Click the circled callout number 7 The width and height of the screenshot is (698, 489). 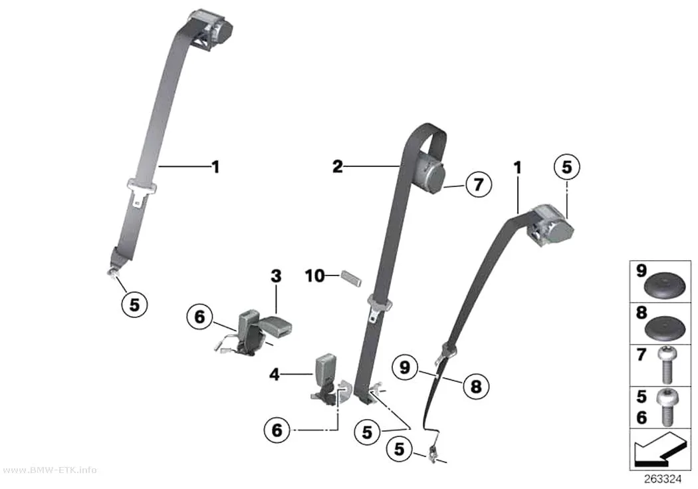479,184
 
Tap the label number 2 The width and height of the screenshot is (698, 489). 338,166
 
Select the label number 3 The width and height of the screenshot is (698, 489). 276,276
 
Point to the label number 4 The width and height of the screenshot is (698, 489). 275,375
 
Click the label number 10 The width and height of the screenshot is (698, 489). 314,276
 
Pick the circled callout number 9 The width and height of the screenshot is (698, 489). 405,368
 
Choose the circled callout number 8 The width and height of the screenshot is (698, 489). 476,386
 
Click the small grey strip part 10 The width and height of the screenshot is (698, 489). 352,278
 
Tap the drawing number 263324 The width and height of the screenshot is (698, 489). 663,479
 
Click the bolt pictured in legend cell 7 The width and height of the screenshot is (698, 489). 666,365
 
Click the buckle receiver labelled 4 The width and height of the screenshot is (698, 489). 324,379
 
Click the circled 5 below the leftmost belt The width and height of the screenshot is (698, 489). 134,305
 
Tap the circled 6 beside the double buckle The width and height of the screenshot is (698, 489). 199,317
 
